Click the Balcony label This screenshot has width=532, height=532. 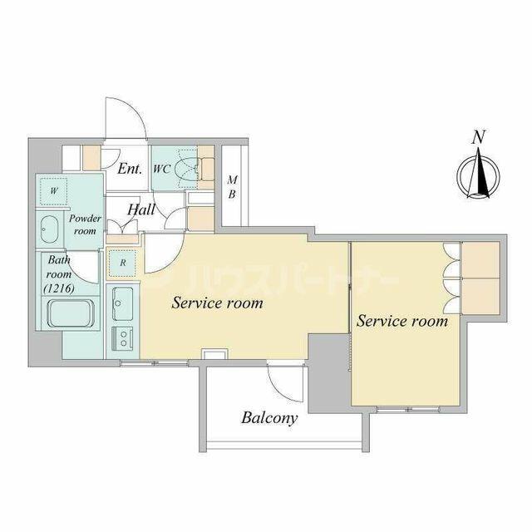[269, 418]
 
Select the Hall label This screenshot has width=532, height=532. [141, 209]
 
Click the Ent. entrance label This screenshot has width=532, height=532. [130, 168]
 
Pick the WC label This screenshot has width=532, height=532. [161, 169]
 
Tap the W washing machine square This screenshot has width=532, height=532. [53, 190]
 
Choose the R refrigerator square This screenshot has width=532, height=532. [122, 263]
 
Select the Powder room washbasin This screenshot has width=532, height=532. [49, 229]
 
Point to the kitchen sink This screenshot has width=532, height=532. [122, 304]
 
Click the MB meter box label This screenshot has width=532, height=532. [232, 186]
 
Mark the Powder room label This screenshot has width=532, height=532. [85, 224]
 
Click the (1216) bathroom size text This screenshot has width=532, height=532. [59, 288]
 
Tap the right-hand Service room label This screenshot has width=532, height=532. [402, 321]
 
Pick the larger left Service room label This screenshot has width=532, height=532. [217, 303]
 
